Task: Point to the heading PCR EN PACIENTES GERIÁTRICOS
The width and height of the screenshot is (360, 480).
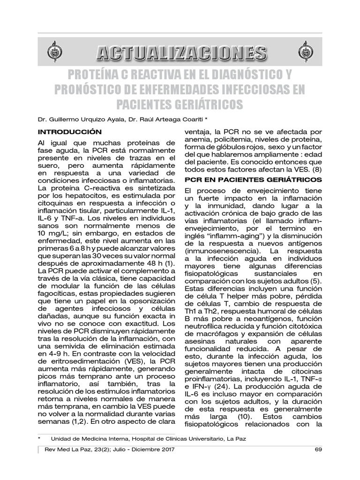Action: (254, 180)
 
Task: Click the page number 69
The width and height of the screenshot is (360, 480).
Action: (318, 450)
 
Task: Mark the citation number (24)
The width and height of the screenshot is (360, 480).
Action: (219, 387)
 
